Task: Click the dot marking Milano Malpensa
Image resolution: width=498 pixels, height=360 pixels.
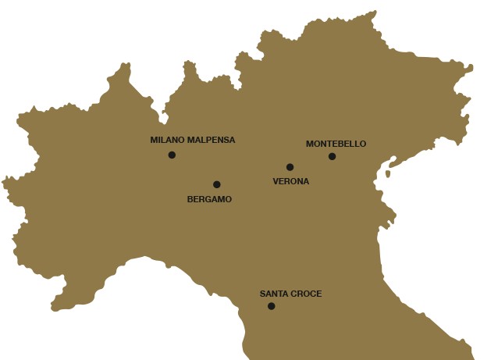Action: tap(172, 155)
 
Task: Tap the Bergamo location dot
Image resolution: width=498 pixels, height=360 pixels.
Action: tap(216, 184)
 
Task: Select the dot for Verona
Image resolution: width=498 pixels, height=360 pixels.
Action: tap(290, 166)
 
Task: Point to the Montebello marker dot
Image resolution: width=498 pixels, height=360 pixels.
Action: tap(332, 156)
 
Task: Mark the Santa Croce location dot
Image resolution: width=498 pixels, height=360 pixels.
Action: tap(271, 306)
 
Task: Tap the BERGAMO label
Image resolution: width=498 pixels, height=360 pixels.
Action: tap(209, 199)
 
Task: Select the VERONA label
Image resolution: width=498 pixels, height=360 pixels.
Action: tap(290, 181)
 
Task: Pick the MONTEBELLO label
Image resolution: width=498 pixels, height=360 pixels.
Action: tap(336, 144)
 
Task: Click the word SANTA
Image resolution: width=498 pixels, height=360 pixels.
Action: tap(273, 294)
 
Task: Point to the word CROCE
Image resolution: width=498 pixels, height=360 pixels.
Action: tap(306, 294)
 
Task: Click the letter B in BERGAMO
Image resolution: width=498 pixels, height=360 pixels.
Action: tap(190, 199)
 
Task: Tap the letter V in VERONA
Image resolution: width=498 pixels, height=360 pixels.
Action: tap(276, 181)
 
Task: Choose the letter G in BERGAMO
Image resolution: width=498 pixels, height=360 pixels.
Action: tap(207, 199)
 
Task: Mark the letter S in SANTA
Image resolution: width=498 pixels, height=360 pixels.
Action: tap(262, 294)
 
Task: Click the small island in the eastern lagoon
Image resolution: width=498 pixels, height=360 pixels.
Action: tap(387, 173)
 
